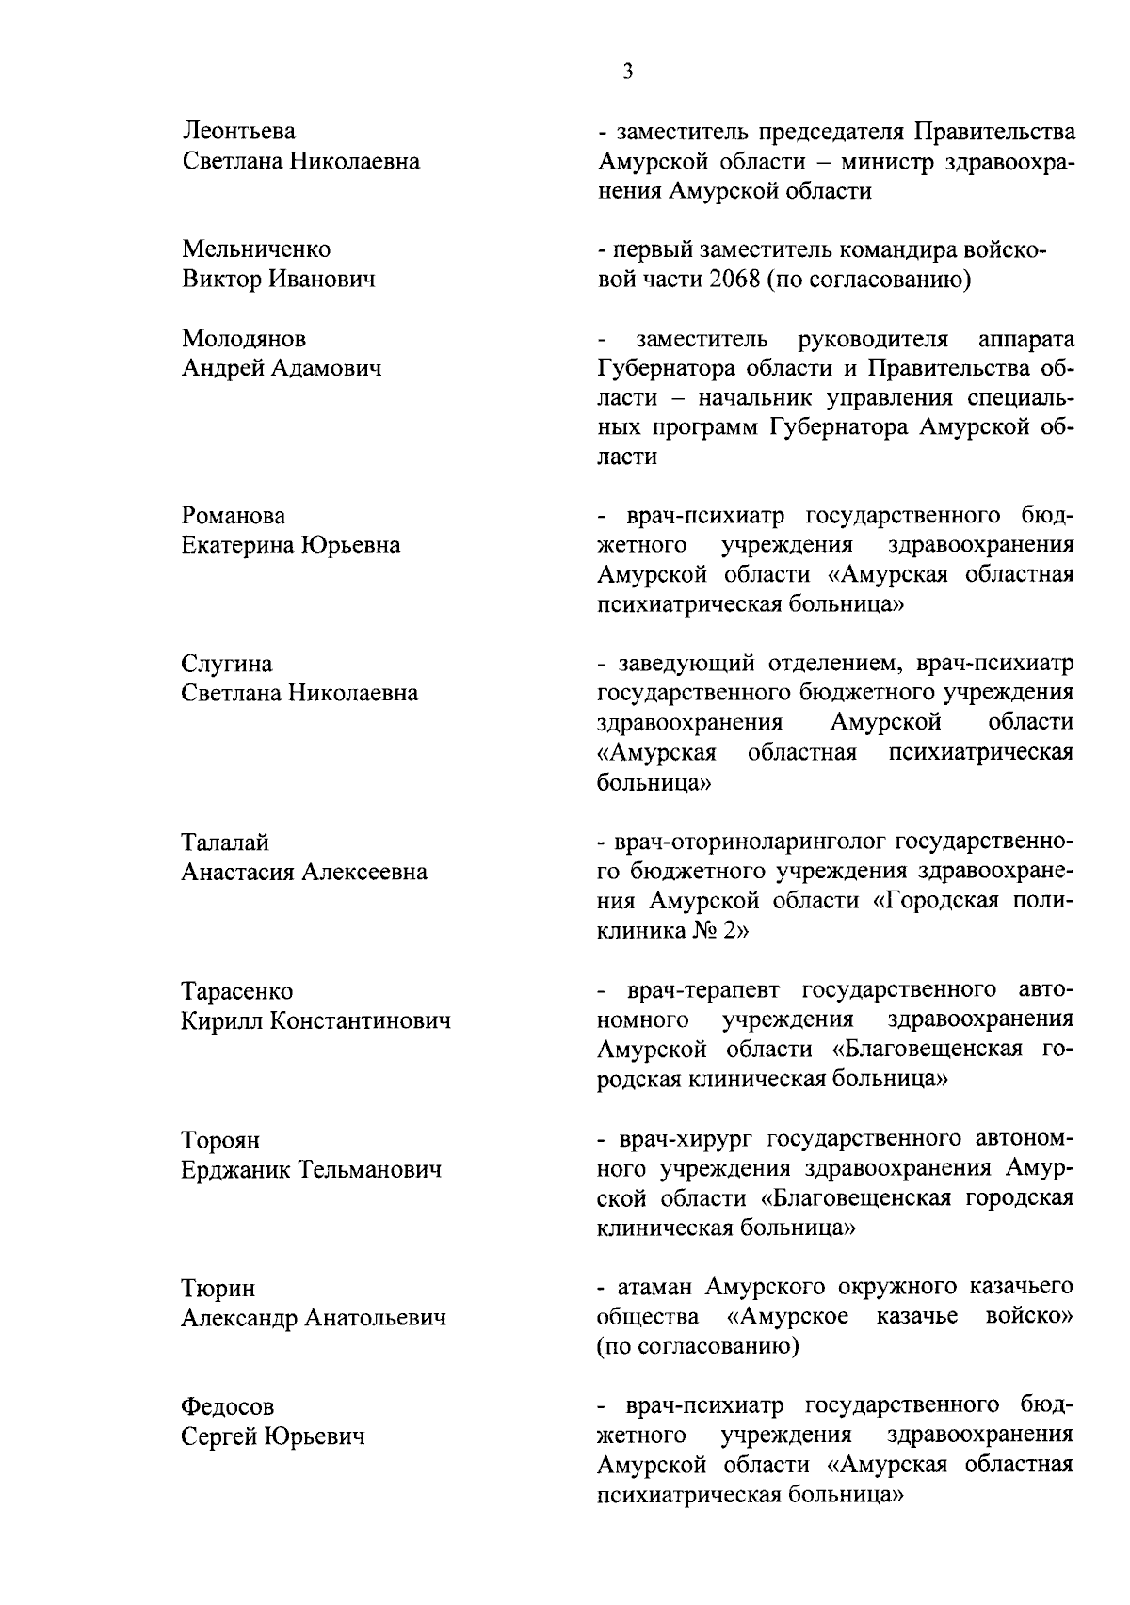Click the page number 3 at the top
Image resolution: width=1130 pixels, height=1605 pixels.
pos(627,72)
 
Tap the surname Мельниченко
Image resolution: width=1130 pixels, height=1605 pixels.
pos(256,250)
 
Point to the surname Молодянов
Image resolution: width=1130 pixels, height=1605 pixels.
pos(243,339)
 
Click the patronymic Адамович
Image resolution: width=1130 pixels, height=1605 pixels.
pos(327,368)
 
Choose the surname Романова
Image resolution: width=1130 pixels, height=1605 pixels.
pos(234,516)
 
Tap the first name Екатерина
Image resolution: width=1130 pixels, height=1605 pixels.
pos(237,545)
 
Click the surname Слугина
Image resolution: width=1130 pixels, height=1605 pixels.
pos(227,665)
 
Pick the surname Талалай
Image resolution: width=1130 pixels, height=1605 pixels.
pos(225,843)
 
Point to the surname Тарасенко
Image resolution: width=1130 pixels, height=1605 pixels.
pos(237,991)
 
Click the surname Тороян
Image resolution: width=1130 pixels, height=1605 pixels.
pos(221,1141)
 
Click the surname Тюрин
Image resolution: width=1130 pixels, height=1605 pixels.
pos(218,1289)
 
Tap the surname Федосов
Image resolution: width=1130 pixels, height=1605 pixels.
pos(228,1407)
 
